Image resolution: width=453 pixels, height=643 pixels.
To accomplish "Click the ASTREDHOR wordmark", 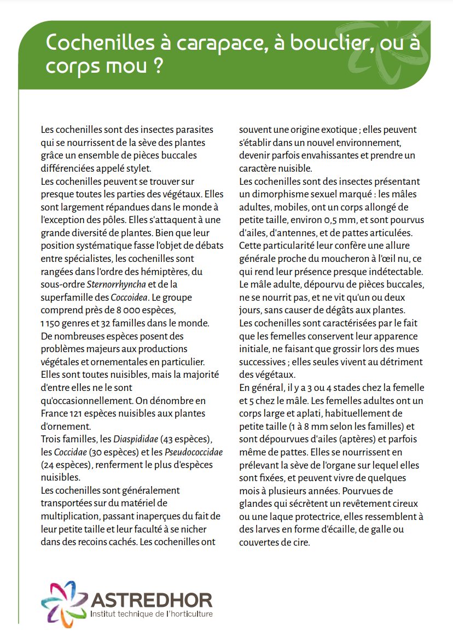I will (x=152, y=600).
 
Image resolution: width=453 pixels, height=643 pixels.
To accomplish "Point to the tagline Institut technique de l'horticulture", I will (x=152, y=615).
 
